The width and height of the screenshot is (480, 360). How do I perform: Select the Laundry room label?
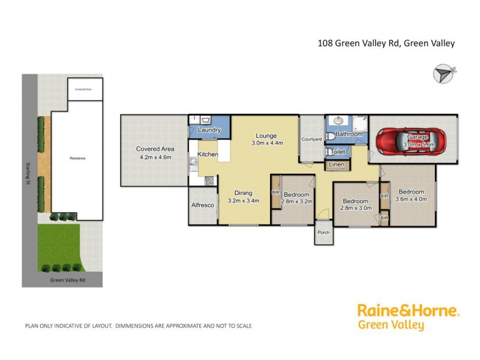209,130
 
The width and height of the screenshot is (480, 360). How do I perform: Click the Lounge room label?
265,136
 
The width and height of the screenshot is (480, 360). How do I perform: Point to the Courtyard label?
312,139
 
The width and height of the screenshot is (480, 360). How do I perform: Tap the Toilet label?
338,152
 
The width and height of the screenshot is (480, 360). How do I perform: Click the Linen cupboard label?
337,164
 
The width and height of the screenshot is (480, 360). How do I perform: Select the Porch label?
323,233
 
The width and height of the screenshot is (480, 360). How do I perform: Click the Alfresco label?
203,205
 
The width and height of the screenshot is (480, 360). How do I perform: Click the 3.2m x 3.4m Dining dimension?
244,200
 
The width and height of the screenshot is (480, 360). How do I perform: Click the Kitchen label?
208,155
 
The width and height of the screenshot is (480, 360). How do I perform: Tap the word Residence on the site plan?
77,158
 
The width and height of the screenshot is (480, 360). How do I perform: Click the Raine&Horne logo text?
408,310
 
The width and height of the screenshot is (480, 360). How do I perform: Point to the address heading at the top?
386,43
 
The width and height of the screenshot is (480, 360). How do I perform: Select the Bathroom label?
349,134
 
